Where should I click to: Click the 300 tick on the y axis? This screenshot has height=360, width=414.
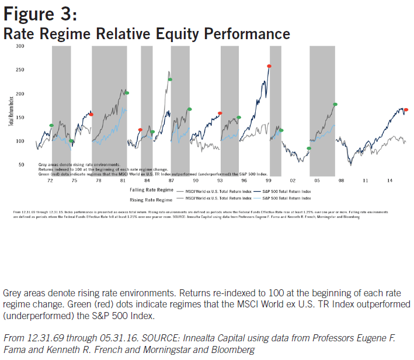20,46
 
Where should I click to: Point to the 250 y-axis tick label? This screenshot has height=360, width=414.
20,70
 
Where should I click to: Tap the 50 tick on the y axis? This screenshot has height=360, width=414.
22,165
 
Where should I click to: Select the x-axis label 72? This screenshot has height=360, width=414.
50,182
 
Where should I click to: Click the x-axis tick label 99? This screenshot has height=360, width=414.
269,182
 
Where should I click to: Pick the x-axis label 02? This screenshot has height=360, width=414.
294,182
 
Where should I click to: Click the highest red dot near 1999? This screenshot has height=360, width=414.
269,67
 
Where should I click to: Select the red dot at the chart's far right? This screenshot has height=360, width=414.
406,110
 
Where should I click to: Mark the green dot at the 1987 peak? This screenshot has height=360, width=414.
171,79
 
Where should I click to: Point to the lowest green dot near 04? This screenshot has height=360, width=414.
309,148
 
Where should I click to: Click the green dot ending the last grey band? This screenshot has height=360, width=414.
335,105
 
